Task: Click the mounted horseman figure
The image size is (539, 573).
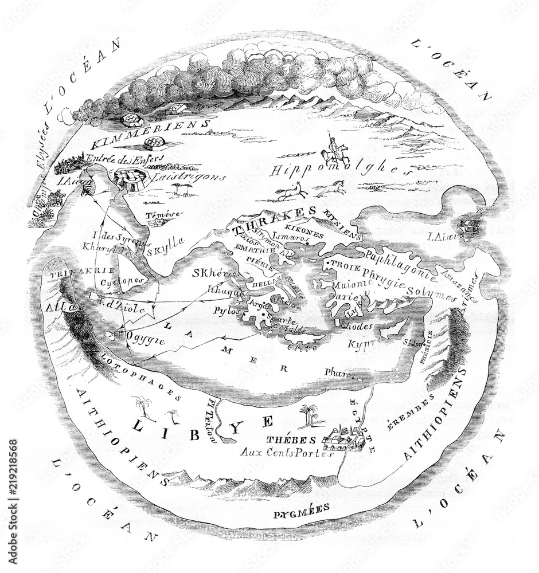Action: (332, 149)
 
